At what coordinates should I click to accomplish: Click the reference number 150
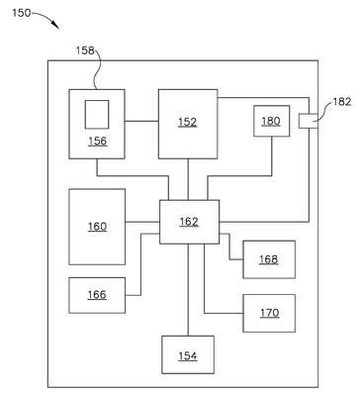click(x=22, y=13)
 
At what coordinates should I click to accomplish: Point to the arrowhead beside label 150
click(x=55, y=25)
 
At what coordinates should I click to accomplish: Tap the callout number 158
click(x=85, y=50)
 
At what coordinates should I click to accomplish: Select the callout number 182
click(x=342, y=102)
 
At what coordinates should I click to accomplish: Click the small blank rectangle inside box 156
click(x=97, y=115)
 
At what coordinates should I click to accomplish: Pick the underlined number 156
click(x=98, y=142)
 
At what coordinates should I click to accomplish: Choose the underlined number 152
click(x=188, y=123)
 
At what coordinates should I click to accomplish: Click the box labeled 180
click(x=272, y=121)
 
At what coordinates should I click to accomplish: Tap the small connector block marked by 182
click(x=309, y=121)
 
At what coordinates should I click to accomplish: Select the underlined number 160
click(x=97, y=227)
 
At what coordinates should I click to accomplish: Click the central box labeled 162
click(x=189, y=222)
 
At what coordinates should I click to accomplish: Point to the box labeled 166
click(x=97, y=295)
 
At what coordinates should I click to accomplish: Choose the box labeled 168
click(x=269, y=259)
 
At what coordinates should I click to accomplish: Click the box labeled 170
click(x=269, y=313)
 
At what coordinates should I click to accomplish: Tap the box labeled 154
click(x=188, y=354)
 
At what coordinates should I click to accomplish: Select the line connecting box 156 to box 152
click(x=141, y=121)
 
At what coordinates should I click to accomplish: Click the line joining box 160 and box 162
click(x=142, y=222)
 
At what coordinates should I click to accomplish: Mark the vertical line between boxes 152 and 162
click(x=188, y=179)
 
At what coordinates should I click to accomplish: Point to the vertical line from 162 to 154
click(x=188, y=290)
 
